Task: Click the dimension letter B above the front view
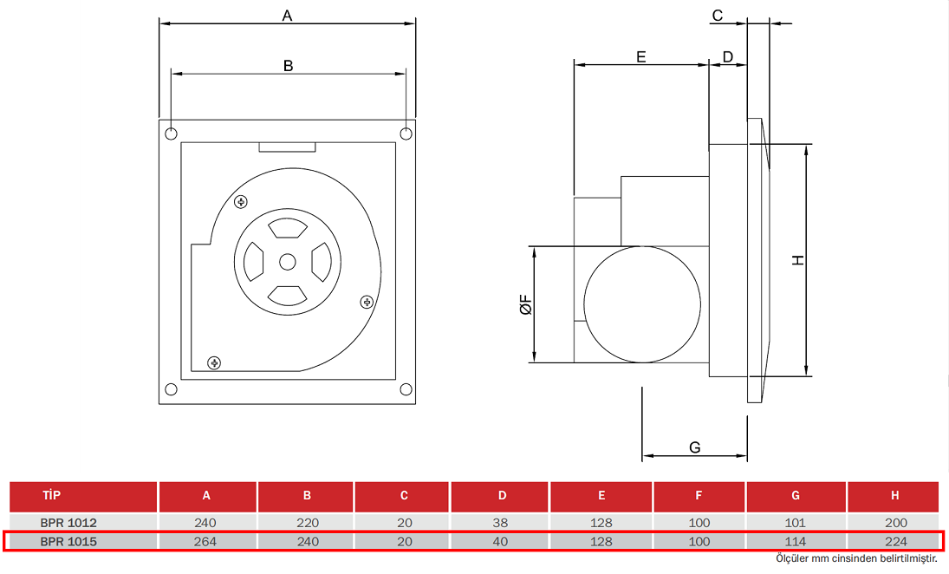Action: (x=289, y=65)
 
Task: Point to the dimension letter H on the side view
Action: (x=798, y=259)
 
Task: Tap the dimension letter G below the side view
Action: (x=694, y=447)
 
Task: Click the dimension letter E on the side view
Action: (x=641, y=56)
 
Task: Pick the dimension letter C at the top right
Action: (x=718, y=15)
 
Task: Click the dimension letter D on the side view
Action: (x=728, y=56)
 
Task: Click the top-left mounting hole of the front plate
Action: (x=172, y=134)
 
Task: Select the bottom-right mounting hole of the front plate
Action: (x=406, y=389)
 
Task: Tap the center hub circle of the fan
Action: (x=288, y=261)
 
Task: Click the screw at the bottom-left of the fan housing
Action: (x=214, y=362)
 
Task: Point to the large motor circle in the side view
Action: (x=641, y=304)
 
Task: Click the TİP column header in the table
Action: (x=53, y=496)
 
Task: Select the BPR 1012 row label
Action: (x=68, y=523)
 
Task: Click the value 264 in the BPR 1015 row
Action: (x=206, y=541)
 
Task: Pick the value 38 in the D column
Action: (x=502, y=523)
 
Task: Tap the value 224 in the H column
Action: (x=895, y=541)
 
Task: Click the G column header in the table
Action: (x=795, y=496)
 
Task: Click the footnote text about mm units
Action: (x=856, y=558)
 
